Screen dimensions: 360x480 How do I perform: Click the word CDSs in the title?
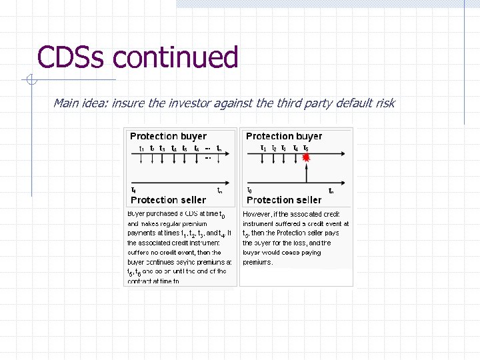tap(71, 57)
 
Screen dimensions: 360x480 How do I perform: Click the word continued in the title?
tap(175, 57)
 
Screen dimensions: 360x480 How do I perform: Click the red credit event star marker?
tap(306, 158)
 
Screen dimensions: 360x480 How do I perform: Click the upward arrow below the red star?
tap(306, 173)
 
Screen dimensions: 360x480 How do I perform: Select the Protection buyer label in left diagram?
tap(168, 136)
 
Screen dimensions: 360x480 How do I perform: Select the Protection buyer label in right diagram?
tap(284, 136)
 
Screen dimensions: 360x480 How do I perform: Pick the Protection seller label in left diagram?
tap(169, 200)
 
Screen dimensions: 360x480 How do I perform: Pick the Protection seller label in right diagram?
tap(284, 200)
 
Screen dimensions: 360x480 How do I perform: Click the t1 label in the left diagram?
tap(141, 148)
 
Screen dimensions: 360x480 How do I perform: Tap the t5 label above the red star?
tap(305, 148)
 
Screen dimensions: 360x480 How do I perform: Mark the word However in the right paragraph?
tap(257, 214)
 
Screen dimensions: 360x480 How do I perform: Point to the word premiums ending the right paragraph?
tap(258, 262)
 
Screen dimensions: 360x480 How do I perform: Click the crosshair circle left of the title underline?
tap(31, 80)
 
